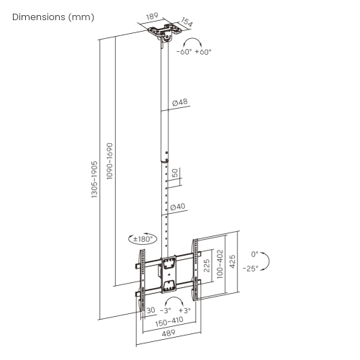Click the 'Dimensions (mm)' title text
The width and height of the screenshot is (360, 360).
tap(53, 17)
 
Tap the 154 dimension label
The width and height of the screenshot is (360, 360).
tap(186, 24)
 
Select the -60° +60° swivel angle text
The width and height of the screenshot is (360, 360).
tap(193, 52)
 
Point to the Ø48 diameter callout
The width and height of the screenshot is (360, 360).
tap(179, 102)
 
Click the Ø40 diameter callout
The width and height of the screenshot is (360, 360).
tap(178, 207)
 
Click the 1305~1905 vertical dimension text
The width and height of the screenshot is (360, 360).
tap(94, 179)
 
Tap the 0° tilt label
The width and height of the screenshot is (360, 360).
tap(254, 254)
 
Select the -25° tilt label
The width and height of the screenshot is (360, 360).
tap(251, 268)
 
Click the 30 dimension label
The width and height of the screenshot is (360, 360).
tap(150, 310)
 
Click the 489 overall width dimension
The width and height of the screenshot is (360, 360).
tap(169, 336)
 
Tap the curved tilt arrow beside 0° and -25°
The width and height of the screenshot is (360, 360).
tap(266, 261)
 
